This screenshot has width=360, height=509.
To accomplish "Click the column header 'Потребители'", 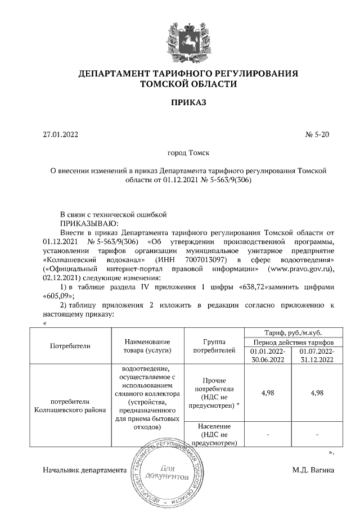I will (x=70, y=346).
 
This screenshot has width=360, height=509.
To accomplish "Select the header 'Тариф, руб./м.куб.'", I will (x=289, y=332).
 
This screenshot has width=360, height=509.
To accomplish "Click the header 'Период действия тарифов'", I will (x=289, y=342).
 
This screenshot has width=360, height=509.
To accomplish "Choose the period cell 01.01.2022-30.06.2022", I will (x=264, y=355).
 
